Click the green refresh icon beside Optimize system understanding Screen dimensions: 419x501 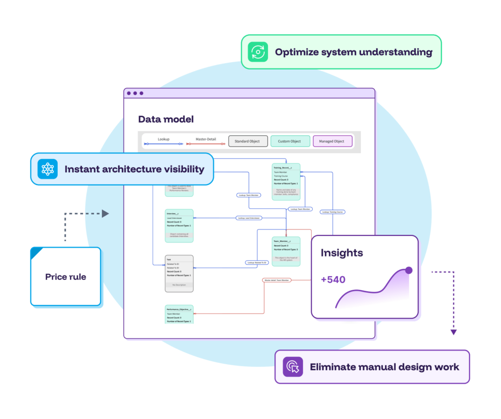coord(257,52)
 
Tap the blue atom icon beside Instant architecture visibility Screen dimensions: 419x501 coord(47,169)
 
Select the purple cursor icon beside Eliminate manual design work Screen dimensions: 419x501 coord(293,367)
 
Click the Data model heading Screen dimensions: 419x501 coord(166,119)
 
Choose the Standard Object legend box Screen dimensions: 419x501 coord(248,141)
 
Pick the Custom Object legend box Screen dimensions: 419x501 coord(290,141)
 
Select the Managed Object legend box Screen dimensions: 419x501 coord(332,141)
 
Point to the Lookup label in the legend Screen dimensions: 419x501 coord(163,139)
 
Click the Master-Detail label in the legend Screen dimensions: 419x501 coord(205,139)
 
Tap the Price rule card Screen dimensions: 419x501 coord(66,277)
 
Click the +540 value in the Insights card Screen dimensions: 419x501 coord(333,279)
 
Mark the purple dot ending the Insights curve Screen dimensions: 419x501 coord(409,270)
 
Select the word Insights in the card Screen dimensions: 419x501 coord(342,253)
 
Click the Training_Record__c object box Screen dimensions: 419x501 coord(286,182)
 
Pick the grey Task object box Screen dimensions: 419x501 coord(179,273)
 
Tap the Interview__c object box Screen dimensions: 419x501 coord(179,226)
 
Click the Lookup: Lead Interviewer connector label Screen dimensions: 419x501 coord(249,218)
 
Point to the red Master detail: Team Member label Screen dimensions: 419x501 coord(276,280)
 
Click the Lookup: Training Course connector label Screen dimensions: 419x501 coord(333,212)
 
